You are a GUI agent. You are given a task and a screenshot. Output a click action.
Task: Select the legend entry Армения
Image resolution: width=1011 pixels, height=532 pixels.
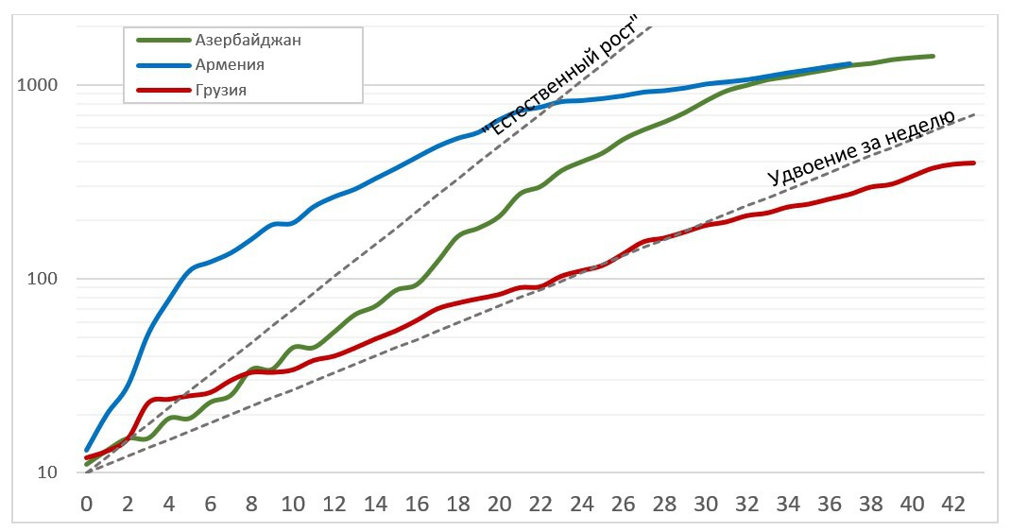tap(230, 65)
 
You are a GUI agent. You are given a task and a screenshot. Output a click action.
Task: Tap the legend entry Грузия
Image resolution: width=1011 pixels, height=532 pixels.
tap(222, 91)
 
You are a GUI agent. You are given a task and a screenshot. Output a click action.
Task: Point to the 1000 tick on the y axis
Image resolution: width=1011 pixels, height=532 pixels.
tap(39, 85)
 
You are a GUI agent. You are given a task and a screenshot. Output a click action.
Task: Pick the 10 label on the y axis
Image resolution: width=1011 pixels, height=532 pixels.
tap(48, 473)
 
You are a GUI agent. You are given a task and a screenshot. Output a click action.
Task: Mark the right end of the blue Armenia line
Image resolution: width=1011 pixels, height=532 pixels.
tap(850, 64)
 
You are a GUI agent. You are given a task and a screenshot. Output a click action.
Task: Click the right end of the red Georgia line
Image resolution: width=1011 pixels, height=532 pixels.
tap(973, 163)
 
